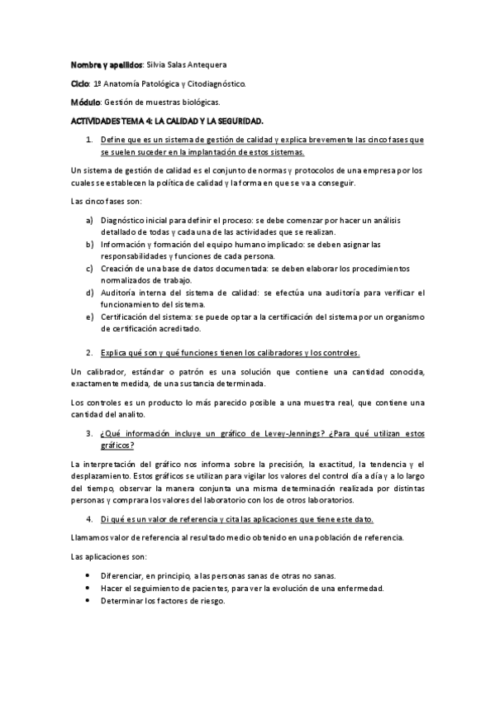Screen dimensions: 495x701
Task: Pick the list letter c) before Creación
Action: [89, 269]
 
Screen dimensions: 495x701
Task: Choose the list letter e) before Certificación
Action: [89, 317]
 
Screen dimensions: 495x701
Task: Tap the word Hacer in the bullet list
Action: [111, 588]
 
